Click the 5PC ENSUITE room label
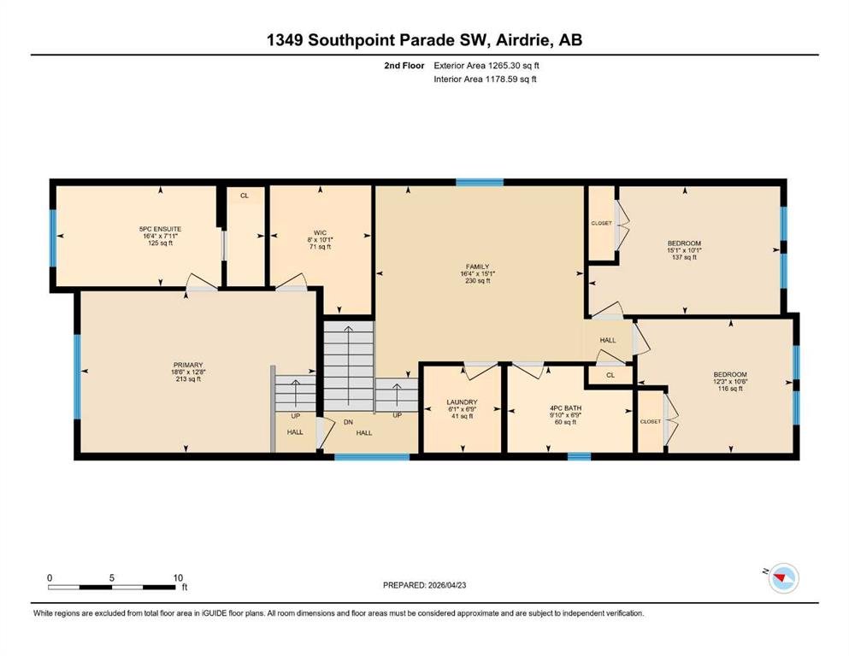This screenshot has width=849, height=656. click(160, 229)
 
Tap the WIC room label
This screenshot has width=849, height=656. click(320, 232)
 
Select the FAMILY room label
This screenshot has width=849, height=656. click(478, 266)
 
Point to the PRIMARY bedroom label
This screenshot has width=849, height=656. click(188, 365)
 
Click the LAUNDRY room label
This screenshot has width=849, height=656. click(462, 401)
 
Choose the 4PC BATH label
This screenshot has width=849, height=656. click(565, 407)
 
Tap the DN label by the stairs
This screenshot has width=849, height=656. click(348, 422)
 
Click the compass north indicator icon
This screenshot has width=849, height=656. click(783, 578)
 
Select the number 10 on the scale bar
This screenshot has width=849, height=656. click(178, 577)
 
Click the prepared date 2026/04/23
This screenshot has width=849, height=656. click(447, 585)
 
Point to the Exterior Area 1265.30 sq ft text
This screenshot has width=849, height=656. click(486, 66)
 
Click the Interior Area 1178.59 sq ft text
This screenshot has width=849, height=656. click(485, 79)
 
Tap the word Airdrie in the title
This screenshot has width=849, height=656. click(521, 40)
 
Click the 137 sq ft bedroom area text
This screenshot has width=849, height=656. click(684, 257)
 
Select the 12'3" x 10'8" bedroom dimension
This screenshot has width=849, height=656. click(730, 381)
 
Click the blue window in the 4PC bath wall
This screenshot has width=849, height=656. click(579, 457)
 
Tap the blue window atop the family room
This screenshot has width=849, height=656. click(480, 182)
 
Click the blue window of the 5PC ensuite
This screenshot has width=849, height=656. click(53, 238)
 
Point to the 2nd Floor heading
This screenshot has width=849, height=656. click(404, 66)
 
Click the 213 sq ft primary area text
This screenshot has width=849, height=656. click(188, 379)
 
